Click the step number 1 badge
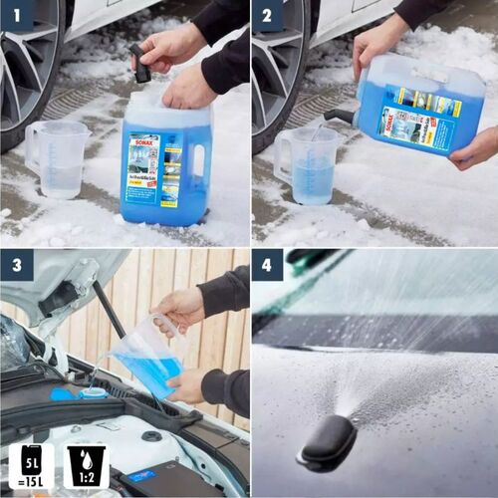click(x=17, y=16)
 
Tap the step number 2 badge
click(x=267, y=16)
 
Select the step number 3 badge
click(x=17, y=266)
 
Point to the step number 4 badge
click(x=267, y=266)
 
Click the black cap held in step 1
click(x=140, y=65)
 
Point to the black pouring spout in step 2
click(x=339, y=117)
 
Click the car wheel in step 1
click(x=25, y=70)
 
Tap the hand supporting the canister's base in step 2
click(x=476, y=146)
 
